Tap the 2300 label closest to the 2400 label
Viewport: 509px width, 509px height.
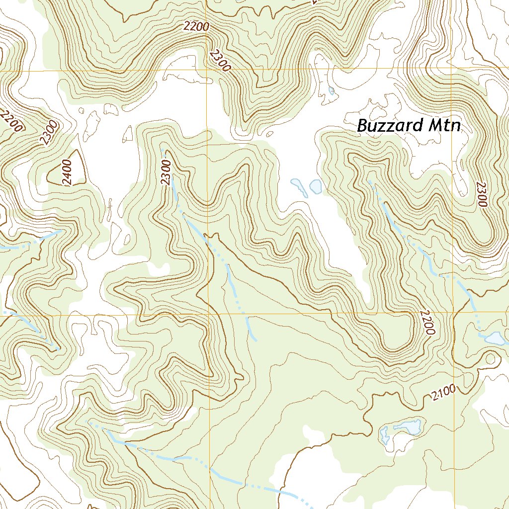tap(50, 133)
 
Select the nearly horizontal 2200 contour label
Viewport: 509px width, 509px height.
tap(196, 27)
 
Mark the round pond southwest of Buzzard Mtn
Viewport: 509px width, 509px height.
tap(316, 186)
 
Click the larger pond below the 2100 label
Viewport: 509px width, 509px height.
tap(408, 427)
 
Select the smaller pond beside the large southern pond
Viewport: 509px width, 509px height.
tap(384, 434)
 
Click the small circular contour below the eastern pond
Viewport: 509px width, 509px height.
tap(492, 358)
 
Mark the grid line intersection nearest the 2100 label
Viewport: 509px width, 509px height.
tap(453, 313)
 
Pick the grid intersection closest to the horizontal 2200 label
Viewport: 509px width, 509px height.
tap(207, 70)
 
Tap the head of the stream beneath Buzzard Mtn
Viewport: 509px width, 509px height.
tap(369, 181)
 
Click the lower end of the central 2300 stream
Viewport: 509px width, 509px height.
tap(255, 340)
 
